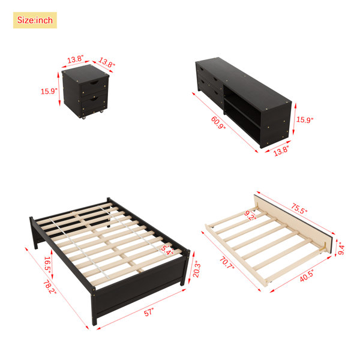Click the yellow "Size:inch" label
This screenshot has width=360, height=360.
point(35,20)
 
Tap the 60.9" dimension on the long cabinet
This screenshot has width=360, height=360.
point(218,122)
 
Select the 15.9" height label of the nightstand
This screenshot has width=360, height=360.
point(49,91)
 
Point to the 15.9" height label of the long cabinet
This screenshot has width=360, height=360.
point(305,119)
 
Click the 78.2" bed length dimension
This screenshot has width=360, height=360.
point(50,287)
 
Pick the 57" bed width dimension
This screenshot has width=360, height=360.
point(149,313)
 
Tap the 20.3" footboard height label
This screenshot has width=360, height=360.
point(197,269)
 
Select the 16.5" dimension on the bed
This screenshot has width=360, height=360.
point(47,265)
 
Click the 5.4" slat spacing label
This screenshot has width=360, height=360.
point(167,250)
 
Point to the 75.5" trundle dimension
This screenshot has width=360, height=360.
point(299,208)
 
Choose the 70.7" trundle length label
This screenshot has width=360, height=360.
point(227,263)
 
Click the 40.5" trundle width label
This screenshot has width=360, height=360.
point(307,275)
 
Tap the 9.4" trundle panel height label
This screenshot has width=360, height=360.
point(341,250)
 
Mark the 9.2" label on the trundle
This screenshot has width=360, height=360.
point(250,215)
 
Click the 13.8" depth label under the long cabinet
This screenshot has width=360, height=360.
point(281,151)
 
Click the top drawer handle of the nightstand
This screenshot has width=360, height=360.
point(94,82)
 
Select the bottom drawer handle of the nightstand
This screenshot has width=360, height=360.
point(94,99)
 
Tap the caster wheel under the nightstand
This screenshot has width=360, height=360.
point(84,118)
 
